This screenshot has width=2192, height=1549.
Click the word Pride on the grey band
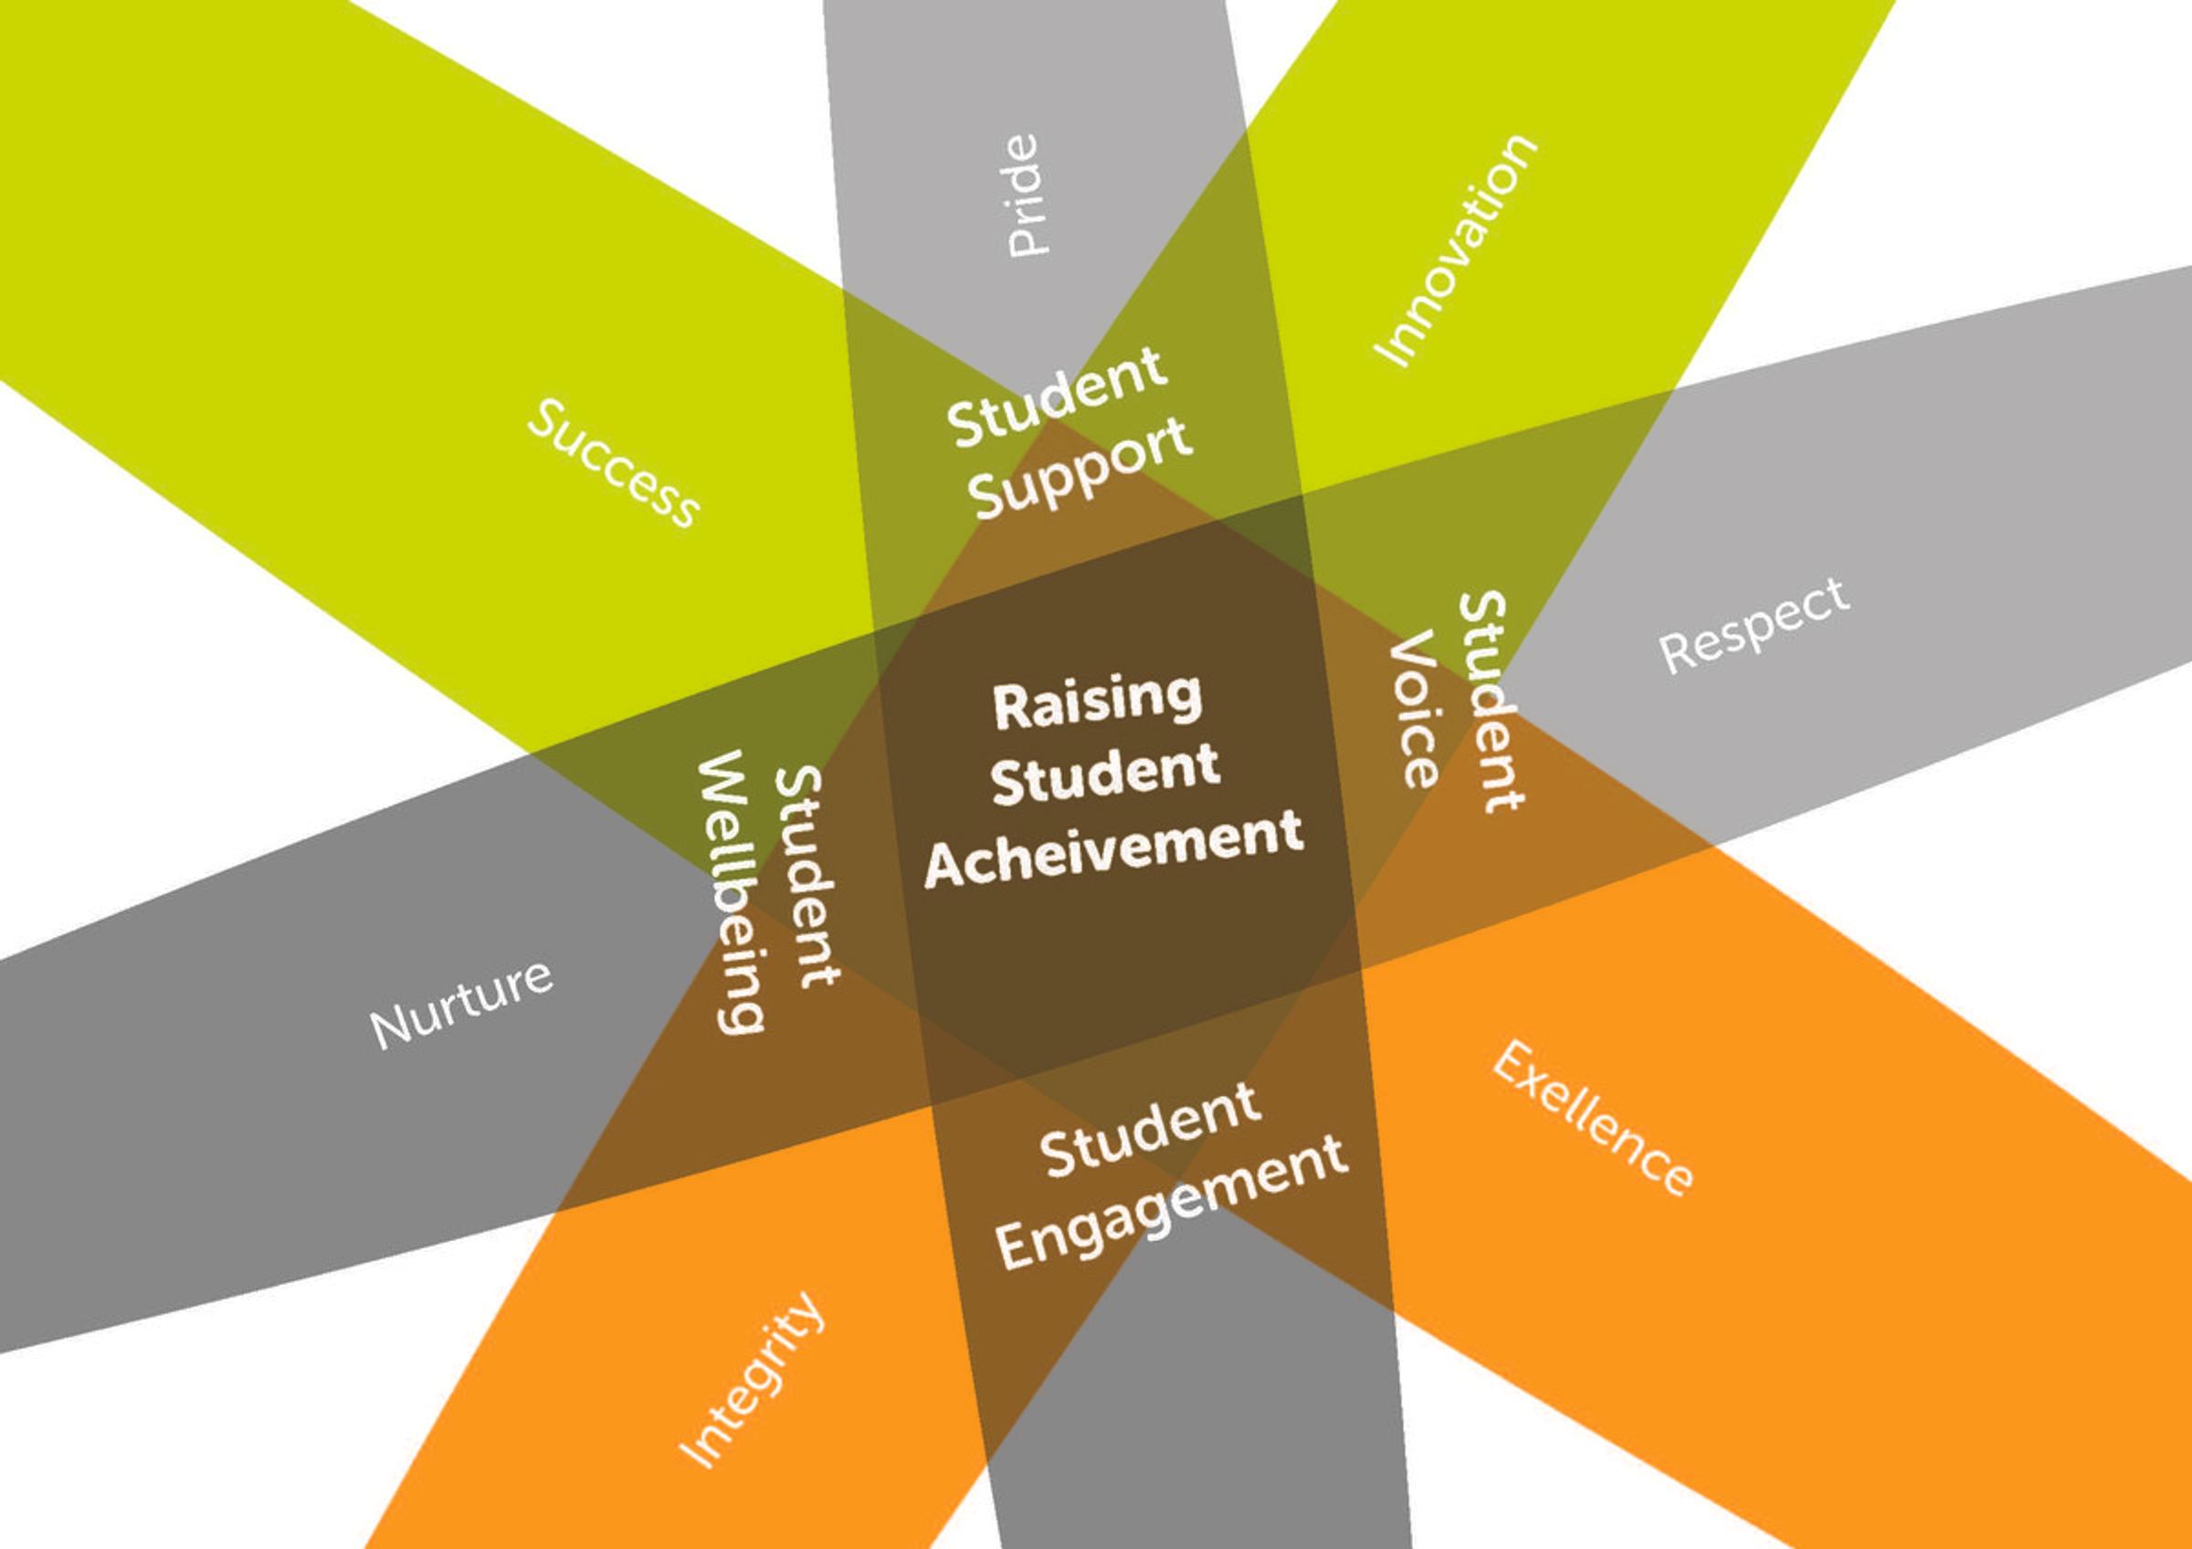(x=1025, y=195)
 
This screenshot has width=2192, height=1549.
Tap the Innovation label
(x=1453, y=251)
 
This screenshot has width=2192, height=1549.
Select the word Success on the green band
(x=614, y=463)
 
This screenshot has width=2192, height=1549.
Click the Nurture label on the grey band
(x=461, y=1004)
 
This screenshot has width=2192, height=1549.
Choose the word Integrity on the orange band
(x=752, y=1380)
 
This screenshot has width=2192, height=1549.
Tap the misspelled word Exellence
(x=1592, y=1120)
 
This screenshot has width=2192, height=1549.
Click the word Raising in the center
(x=1097, y=701)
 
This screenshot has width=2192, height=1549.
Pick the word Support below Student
(x=1080, y=468)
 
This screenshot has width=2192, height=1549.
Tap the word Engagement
(x=1172, y=1204)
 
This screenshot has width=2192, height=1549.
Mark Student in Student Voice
(x=1491, y=701)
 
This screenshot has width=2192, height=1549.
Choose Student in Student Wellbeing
(x=807, y=876)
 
